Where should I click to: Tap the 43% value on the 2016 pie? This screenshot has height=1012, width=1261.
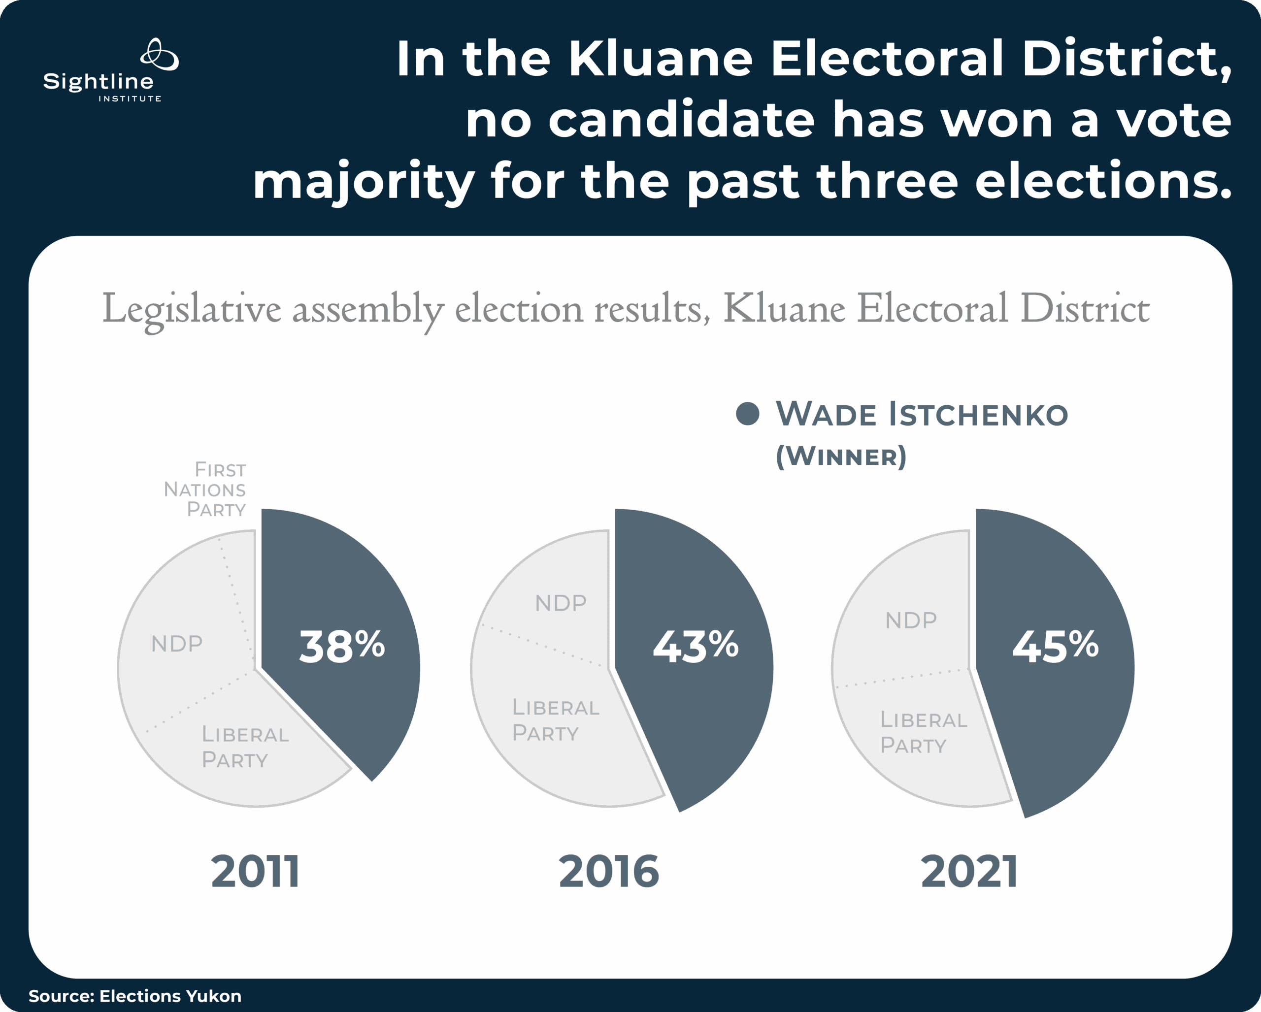pos(696,647)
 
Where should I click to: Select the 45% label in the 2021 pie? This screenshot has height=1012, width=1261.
pos(1055,647)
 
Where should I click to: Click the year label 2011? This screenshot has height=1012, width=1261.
pos(255,872)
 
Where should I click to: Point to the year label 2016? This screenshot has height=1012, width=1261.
pos(609,872)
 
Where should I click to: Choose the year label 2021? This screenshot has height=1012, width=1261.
pos(969,872)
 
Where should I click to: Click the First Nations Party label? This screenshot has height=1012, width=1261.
pos(206,490)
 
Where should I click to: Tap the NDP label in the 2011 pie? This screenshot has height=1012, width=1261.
pos(177,644)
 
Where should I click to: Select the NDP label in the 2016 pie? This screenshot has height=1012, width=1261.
pos(561,603)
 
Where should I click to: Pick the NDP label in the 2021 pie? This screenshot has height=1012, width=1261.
pos(911,620)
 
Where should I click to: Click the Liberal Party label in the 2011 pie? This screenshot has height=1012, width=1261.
pos(245,747)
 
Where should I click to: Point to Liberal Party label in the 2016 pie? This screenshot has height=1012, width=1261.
pos(556,719)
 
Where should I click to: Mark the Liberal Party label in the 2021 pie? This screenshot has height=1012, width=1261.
pos(924,733)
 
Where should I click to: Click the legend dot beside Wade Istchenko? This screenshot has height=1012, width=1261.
pos(747,414)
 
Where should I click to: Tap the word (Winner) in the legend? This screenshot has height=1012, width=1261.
pos(840,457)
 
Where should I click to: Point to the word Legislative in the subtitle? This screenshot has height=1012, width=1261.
pos(191,309)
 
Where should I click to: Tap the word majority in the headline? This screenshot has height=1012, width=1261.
pos(363,182)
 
